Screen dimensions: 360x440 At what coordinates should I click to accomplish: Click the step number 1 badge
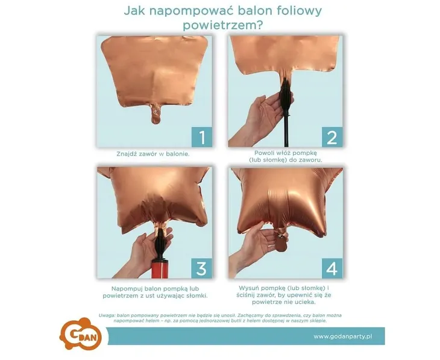(201, 137)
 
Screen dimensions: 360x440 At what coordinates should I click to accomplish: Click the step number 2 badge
(331, 137)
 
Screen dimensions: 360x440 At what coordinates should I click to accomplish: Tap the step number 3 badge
(201, 267)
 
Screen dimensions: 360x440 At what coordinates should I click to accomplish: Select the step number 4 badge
(331, 267)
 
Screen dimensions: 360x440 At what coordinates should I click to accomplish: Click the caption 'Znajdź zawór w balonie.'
(153, 154)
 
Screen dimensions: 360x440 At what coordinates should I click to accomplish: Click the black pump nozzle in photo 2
(285, 97)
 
